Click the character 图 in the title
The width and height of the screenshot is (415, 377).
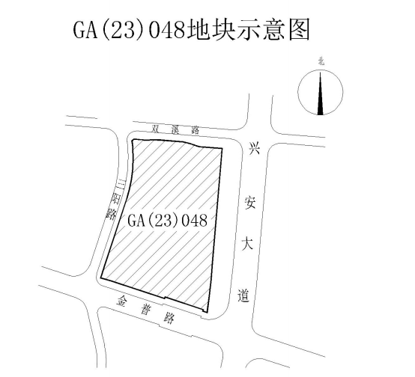pos(299,30)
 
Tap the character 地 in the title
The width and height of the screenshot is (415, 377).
pos(199,30)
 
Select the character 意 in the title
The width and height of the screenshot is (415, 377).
pos(274,30)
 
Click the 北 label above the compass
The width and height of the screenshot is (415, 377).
pos(321,62)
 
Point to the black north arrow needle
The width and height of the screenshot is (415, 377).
pos(321,94)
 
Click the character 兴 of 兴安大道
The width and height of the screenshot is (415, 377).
pos(255,148)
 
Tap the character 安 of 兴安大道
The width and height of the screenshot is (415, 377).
pos(250,203)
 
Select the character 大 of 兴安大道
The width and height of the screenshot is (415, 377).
pos(247,243)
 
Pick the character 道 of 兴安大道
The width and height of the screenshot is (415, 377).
pos(243,295)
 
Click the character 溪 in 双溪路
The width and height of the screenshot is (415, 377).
pos(175,130)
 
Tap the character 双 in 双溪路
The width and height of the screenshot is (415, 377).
pos(156,129)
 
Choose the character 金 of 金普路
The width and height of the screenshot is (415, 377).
pos(122,301)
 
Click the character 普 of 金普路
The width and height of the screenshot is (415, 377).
pos(145,309)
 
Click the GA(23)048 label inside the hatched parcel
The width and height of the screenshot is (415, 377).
pos(167,220)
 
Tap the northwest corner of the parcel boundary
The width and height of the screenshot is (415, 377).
pos(133,139)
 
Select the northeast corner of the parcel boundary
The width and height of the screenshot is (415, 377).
pos(222,148)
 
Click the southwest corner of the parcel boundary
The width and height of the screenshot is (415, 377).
pos(101,278)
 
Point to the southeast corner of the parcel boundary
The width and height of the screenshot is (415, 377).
pos(207,312)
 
